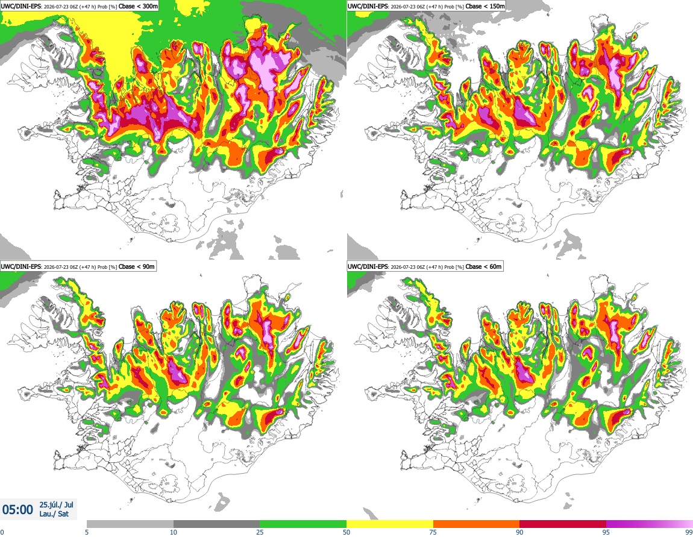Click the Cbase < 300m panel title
tap(79, 6)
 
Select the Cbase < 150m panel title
tap(426, 6)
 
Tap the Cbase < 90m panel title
tap(78, 266)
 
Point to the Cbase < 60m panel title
tap(425, 266)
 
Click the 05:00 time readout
tap(17, 510)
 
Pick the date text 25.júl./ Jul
tap(56, 504)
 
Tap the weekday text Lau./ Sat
tap(54, 514)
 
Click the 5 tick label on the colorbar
tap(87, 532)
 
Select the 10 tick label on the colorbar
tap(174, 532)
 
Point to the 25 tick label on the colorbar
tap(260, 532)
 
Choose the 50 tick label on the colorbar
tap(346, 532)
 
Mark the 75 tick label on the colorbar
tap(433, 532)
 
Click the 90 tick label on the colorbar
tap(519, 532)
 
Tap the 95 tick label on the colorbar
tap(606, 532)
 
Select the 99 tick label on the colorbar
tap(689, 532)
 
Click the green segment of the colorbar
tap(303, 524)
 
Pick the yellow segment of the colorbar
tap(390, 524)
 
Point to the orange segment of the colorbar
tap(477, 524)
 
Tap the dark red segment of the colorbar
tap(563, 524)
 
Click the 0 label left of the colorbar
tap(2, 532)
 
